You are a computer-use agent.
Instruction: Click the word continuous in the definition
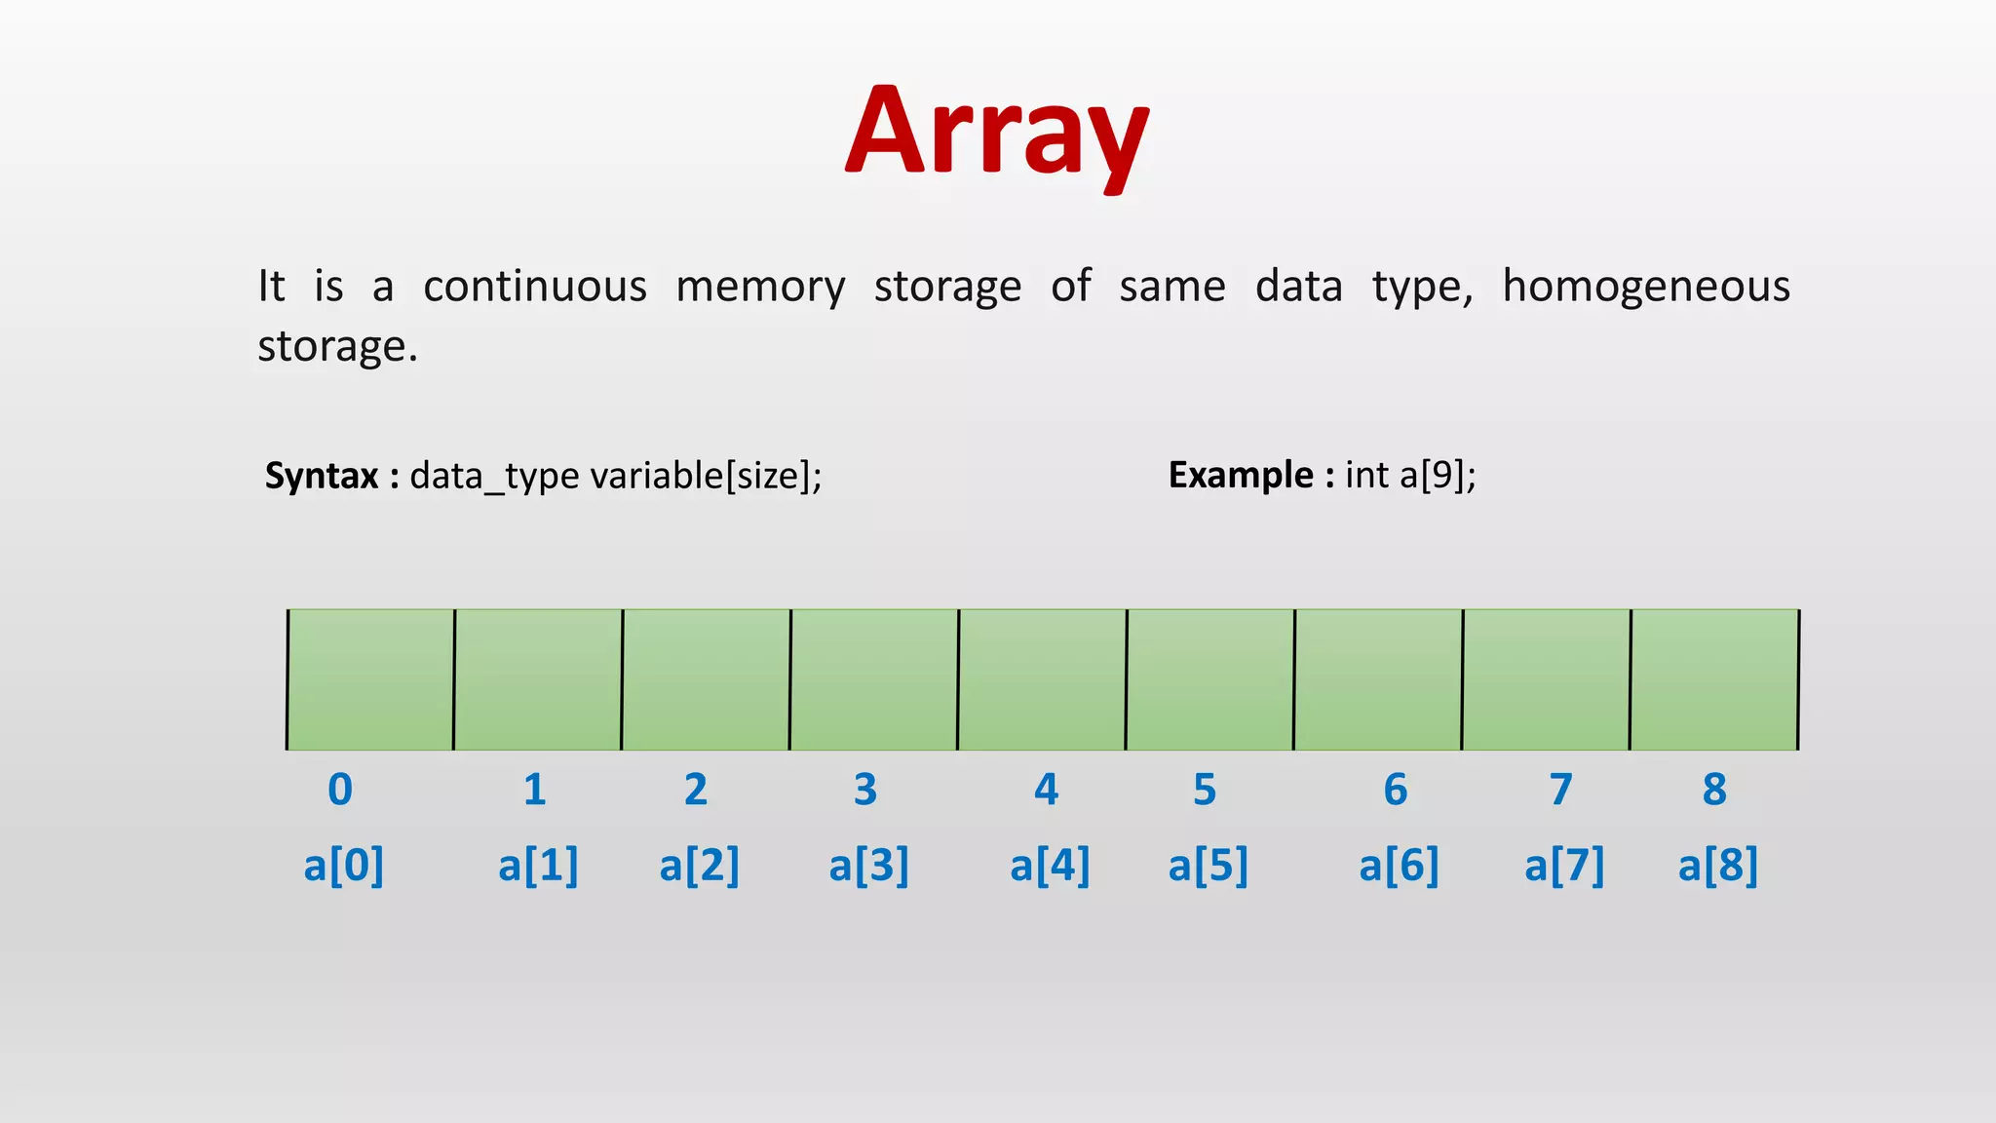[x=535, y=287]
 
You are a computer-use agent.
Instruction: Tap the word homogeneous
[x=1645, y=287]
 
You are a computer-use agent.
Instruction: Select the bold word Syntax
[x=322, y=476]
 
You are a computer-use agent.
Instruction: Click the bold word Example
[x=1241, y=475]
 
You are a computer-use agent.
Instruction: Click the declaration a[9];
[x=1438, y=475]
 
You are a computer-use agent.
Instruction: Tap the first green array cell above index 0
[x=370, y=679]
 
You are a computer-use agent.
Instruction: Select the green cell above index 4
[x=1042, y=679]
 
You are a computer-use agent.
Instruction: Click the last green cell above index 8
[x=1714, y=679]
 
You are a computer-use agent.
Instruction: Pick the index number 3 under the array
[x=865, y=790]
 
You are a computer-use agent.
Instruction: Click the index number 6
[x=1396, y=790]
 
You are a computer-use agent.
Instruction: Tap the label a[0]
[x=343, y=865]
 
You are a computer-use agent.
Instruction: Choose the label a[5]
[x=1208, y=865]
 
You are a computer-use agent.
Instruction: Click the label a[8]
[x=1717, y=865]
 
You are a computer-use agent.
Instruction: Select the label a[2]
[x=699, y=865]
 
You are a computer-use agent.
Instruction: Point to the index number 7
[x=1561, y=790]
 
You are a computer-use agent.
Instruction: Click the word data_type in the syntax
[x=494, y=477]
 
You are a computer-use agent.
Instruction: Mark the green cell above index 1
[x=538, y=679]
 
